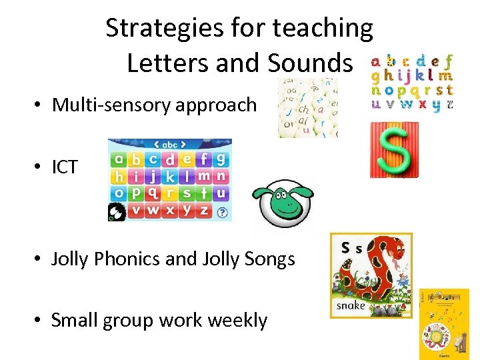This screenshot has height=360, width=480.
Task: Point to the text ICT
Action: (65, 167)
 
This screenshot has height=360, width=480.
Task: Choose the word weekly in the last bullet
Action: (237, 320)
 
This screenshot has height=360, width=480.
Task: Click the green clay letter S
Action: (394, 149)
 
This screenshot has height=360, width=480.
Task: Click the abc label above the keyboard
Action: (170, 144)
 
